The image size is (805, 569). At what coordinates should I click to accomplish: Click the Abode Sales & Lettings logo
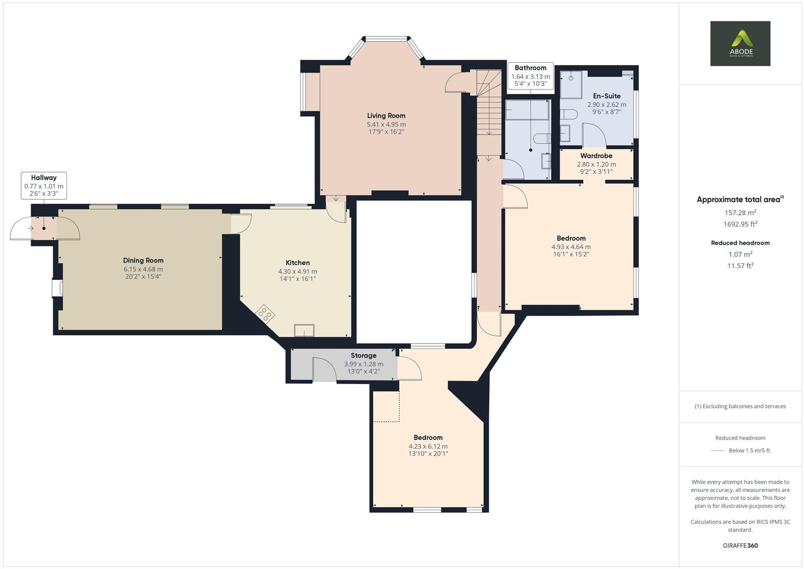click(x=740, y=43)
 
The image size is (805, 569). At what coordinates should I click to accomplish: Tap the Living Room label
click(x=386, y=116)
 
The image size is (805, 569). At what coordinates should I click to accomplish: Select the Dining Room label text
click(x=143, y=260)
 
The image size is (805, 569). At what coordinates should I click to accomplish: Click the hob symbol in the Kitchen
click(x=265, y=313)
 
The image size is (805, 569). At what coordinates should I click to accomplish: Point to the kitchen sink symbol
click(x=304, y=330)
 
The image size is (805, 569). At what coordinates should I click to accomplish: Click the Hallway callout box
click(x=44, y=185)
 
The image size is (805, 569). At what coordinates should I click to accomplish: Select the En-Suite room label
click(x=606, y=96)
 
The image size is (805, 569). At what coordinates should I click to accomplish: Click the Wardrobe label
click(x=596, y=156)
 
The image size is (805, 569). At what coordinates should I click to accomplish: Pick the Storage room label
click(x=363, y=356)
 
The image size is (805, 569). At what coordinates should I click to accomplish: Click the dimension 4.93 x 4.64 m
click(x=570, y=247)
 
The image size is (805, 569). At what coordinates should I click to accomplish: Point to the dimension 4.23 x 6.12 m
click(x=428, y=446)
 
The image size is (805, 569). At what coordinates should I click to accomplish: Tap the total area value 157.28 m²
click(x=740, y=213)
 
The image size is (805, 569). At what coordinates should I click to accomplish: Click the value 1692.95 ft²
click(x=740, y=224)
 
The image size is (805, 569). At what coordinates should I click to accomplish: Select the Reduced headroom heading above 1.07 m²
click(x=740, y=243)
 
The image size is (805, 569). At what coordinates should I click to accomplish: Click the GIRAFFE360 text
click(x=740, y=545)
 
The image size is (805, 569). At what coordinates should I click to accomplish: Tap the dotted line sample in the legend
click(x=717, y=450)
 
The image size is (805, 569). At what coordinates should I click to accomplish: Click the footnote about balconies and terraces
click(x=740, y=406)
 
